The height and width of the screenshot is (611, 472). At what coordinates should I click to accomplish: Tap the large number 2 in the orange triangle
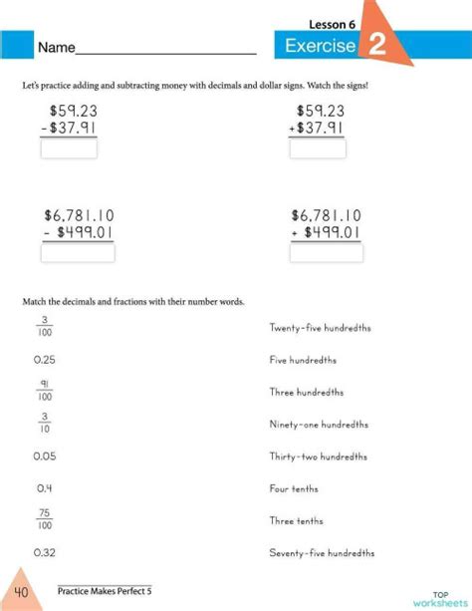[378, 45]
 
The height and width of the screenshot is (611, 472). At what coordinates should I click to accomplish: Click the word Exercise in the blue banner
[320, 46]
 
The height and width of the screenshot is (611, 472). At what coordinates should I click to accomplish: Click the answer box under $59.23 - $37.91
[69, 149]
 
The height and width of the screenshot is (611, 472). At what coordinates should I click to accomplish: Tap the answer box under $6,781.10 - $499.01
[78, 252]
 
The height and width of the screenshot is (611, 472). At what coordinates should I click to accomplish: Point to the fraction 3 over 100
[44, 326]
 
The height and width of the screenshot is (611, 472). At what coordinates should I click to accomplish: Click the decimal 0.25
[44, 360]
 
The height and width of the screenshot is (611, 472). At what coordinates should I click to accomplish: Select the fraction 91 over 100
[44, 391]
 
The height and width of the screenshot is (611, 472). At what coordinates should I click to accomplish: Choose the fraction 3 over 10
[44, 423]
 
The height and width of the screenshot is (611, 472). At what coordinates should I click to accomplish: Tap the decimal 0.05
[44, 456]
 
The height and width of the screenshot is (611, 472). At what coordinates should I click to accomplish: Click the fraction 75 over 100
[44, 519]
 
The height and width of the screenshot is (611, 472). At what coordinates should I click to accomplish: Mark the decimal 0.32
[44, 551]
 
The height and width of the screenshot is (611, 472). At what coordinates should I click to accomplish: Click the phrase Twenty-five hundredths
[315, 327]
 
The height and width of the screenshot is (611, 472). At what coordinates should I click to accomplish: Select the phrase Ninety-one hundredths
[317, 424]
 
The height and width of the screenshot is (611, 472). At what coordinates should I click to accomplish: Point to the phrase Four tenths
[293, 488]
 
